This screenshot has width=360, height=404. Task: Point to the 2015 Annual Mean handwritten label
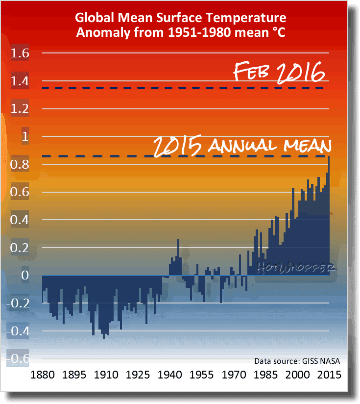pos(242,146)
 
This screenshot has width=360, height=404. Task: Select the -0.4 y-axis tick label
pos(18,331)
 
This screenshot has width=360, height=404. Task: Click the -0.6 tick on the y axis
pos(18,358)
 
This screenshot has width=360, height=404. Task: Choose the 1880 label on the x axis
pos(43,375)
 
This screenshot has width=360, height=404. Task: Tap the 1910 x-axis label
pos(106,375)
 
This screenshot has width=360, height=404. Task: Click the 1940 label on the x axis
pos(169,375)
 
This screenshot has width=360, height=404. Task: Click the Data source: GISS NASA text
pos(297,361)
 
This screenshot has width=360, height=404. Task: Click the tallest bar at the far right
pos(329,216)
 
